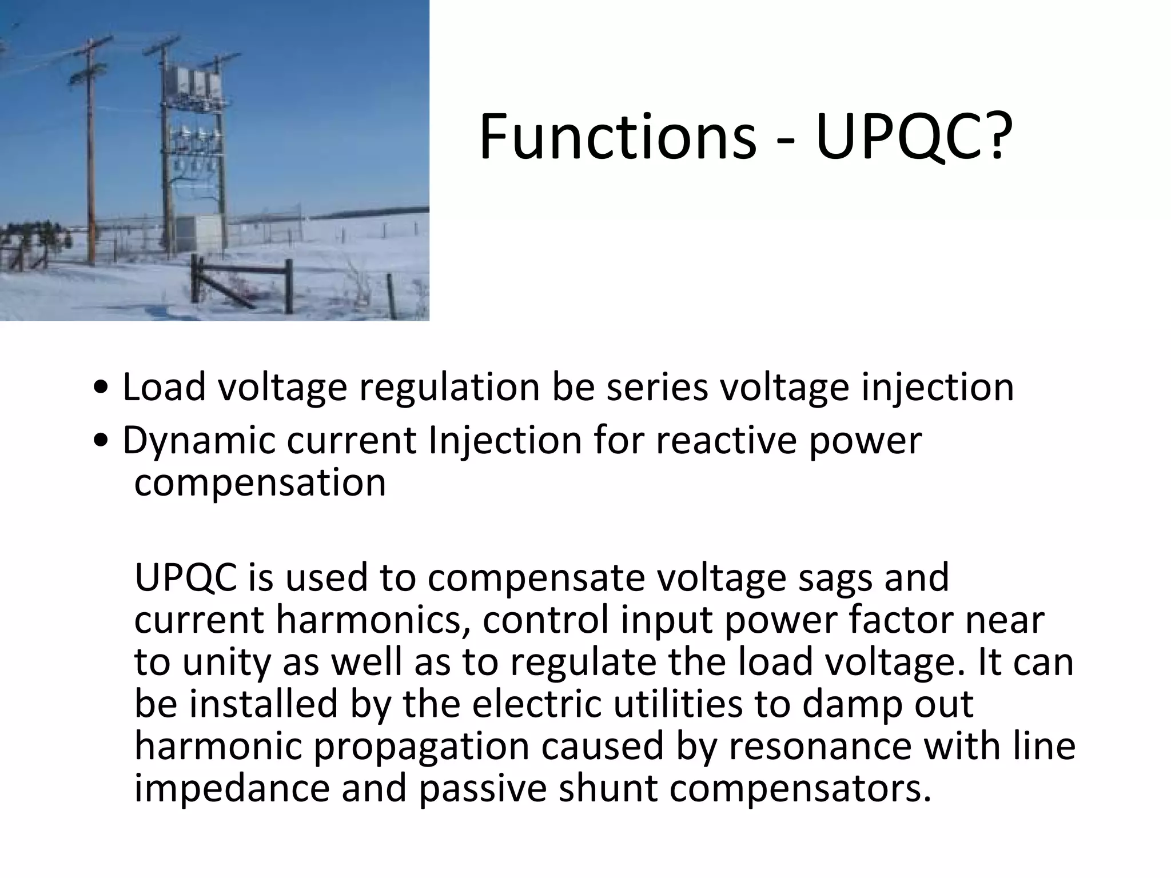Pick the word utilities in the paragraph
coord(678,704)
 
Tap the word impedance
coord(232,789)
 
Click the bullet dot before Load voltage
coord(101,389)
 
